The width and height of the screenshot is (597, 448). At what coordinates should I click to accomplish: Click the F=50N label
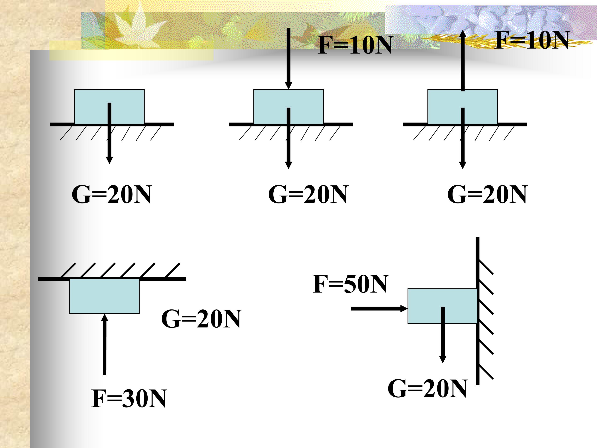[x=350, y=284]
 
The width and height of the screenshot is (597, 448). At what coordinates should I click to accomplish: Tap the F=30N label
[x=129, y=399]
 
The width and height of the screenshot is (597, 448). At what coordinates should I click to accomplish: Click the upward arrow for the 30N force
[x=104, y=344]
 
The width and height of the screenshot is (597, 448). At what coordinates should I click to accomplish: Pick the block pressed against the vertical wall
[x=443, y=306]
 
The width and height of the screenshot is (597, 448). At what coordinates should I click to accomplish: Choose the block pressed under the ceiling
[x=104, y=296]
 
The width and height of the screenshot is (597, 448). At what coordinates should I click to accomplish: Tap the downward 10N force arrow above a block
[x=289, y=59]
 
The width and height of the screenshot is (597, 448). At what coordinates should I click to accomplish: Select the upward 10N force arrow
[x=463, y=61]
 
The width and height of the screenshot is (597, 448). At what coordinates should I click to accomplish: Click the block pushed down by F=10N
[x=289, y=107]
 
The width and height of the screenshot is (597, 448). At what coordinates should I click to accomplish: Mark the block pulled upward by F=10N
[x=463, y=107]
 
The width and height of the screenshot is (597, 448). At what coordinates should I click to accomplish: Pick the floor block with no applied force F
[x=109, y=107]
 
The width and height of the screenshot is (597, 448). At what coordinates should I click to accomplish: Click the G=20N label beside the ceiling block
[x=201, y=319]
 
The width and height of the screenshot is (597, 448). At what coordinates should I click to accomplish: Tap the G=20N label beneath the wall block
[x=427, y=389]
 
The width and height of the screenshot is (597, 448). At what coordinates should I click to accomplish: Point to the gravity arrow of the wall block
[x=443, y=335]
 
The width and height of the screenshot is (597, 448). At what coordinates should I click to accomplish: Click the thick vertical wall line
[x=477, y=311]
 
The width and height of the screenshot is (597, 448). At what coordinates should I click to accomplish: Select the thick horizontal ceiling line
[x=112, y=279]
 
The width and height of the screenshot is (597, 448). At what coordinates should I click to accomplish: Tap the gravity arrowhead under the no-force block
[x=109, y=160]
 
